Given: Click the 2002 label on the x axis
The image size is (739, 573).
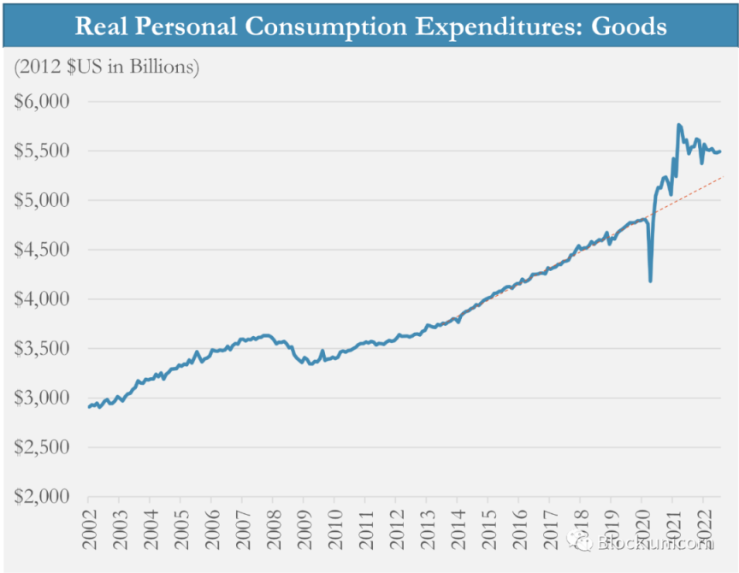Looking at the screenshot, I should (89, 528).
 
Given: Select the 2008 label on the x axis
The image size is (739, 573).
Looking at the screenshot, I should (273, 528).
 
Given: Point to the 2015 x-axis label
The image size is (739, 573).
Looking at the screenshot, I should (488, 528).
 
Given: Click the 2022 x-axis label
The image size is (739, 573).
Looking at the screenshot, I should (702, 528).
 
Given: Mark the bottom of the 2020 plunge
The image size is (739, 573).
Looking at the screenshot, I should (651, 281).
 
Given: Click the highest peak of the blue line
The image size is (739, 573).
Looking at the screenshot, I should (679, 125).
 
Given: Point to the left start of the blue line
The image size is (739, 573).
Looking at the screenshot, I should (89, 406).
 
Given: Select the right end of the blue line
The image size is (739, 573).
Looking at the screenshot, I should (720, 151).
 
